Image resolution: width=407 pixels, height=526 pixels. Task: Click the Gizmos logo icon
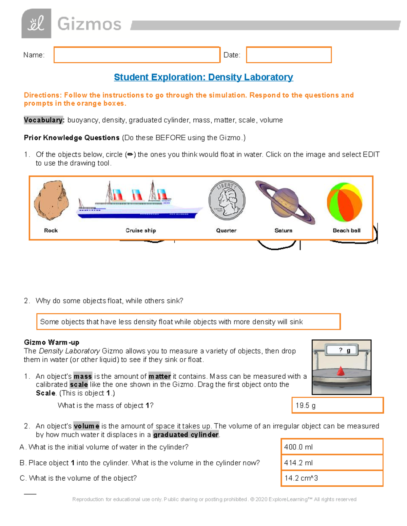(x=36, y=23)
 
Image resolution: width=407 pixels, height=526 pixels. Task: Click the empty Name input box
(x=137, y=55)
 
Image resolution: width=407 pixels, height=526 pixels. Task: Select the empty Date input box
(x=289, y=55)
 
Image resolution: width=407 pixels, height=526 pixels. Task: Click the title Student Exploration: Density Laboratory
(x=203, y=77)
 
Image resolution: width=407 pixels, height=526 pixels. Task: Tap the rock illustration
(x=51, y=201)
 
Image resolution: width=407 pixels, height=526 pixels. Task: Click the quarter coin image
(x=227, y=200)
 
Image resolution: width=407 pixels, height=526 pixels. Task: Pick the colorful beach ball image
(x=345, y=202)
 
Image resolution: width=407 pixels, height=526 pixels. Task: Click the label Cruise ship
(x=141, y=230)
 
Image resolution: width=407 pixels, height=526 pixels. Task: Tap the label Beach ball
(x=346, y=230)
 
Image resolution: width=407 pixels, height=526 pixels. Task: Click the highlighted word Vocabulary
(x=43, y=120)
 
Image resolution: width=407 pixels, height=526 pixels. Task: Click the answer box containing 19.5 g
(x=337, y=405)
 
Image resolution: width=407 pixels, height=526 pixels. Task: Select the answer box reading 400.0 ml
(x=332, y=447)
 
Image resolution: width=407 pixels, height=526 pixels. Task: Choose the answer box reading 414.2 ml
(x=332, y=463)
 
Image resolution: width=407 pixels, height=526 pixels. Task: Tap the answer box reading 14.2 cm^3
(x=332, y=478)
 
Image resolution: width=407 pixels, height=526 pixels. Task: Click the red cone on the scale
(x=341, y=371)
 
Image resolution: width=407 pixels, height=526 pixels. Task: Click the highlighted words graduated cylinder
(x=186, y=435)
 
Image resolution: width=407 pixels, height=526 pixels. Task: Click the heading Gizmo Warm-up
(x=52, y=342)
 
